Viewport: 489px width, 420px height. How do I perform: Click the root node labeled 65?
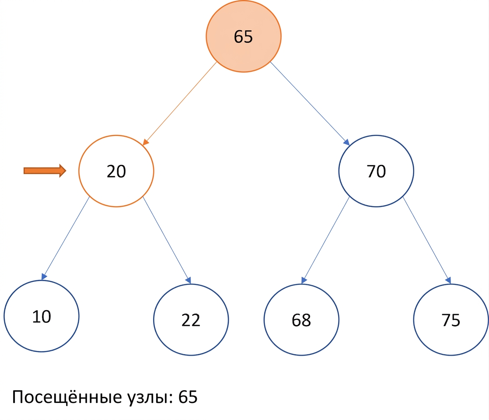pos(243,36)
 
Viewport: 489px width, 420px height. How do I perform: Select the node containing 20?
pos(116,171)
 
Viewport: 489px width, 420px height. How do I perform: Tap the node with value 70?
pos(376,171)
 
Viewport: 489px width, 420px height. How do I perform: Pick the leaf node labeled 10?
pos(42,316)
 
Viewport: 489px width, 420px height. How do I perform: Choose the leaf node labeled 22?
pos(191,319)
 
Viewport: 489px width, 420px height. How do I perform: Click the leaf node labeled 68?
pos(301,319)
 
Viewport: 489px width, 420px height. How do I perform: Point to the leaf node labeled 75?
pos(451,319)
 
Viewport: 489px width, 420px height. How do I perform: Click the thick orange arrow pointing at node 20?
pos(45,171)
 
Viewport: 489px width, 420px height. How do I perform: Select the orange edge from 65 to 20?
pos(180,104)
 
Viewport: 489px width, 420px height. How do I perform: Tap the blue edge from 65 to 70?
pos(310,104)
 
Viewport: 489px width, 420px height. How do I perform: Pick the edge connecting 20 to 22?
pos(167,240)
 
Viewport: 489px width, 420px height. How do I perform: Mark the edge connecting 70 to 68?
pos(325,240)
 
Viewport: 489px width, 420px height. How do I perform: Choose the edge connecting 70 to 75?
pos(427,240)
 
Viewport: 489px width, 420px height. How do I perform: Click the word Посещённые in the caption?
pos(67,397)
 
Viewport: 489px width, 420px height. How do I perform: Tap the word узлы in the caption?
pos(150,398)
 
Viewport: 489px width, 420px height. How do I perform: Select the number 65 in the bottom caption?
pos(188,397)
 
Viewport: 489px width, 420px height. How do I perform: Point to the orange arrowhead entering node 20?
pos(146,142)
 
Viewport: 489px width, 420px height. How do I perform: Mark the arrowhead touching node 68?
pos(304,280)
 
